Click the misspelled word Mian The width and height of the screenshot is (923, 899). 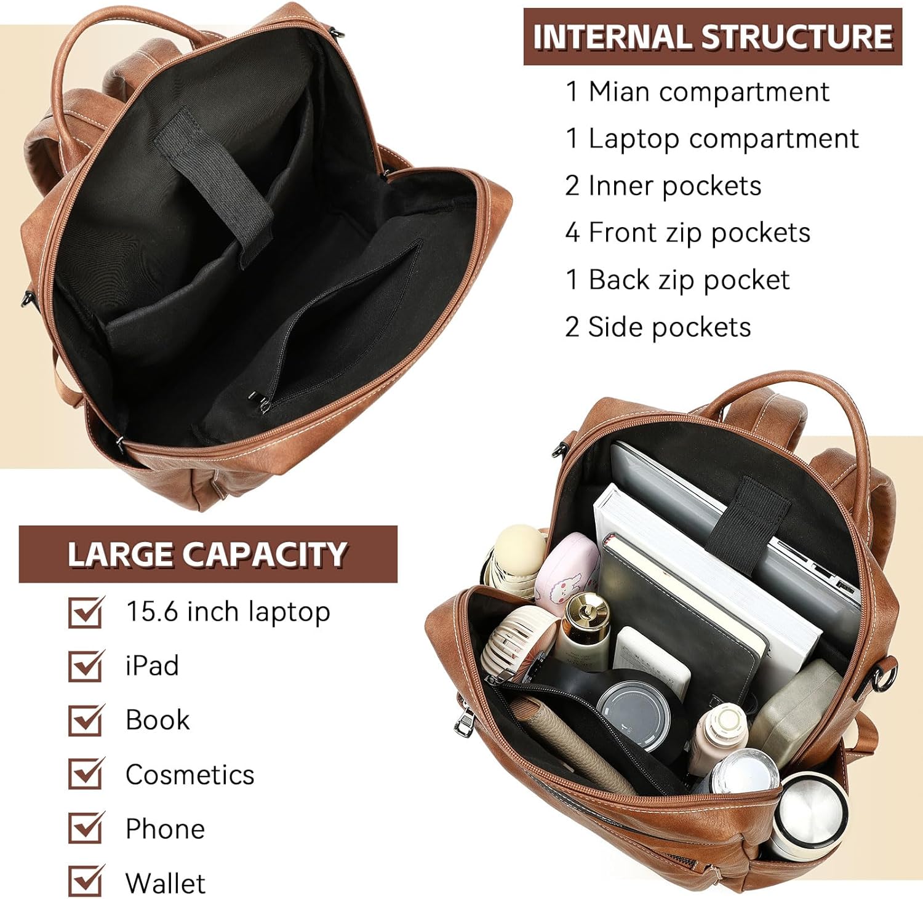click(x=618, y=92)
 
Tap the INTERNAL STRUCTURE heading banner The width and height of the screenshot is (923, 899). click(x=712, y=37)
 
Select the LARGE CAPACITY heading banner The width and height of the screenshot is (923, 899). click(x=207, y=554)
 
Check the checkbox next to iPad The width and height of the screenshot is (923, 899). click(x=85, y=666)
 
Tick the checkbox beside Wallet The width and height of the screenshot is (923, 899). click(x=85, y=882)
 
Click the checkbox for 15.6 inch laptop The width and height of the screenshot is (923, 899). click(x=85, y=612)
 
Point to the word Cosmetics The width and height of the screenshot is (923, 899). click(x=190, y=774)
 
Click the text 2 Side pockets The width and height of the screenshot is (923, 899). click(x=658, y=327)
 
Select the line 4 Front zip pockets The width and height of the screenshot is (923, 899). click(x=687, y=233)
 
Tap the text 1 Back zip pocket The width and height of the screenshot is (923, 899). click(x=677, y=280)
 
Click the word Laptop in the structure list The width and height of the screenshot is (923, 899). click(x=634, y=139)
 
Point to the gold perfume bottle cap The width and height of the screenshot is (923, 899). click(x=588, y=609)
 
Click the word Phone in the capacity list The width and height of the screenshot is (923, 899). click(x=165, y=828)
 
